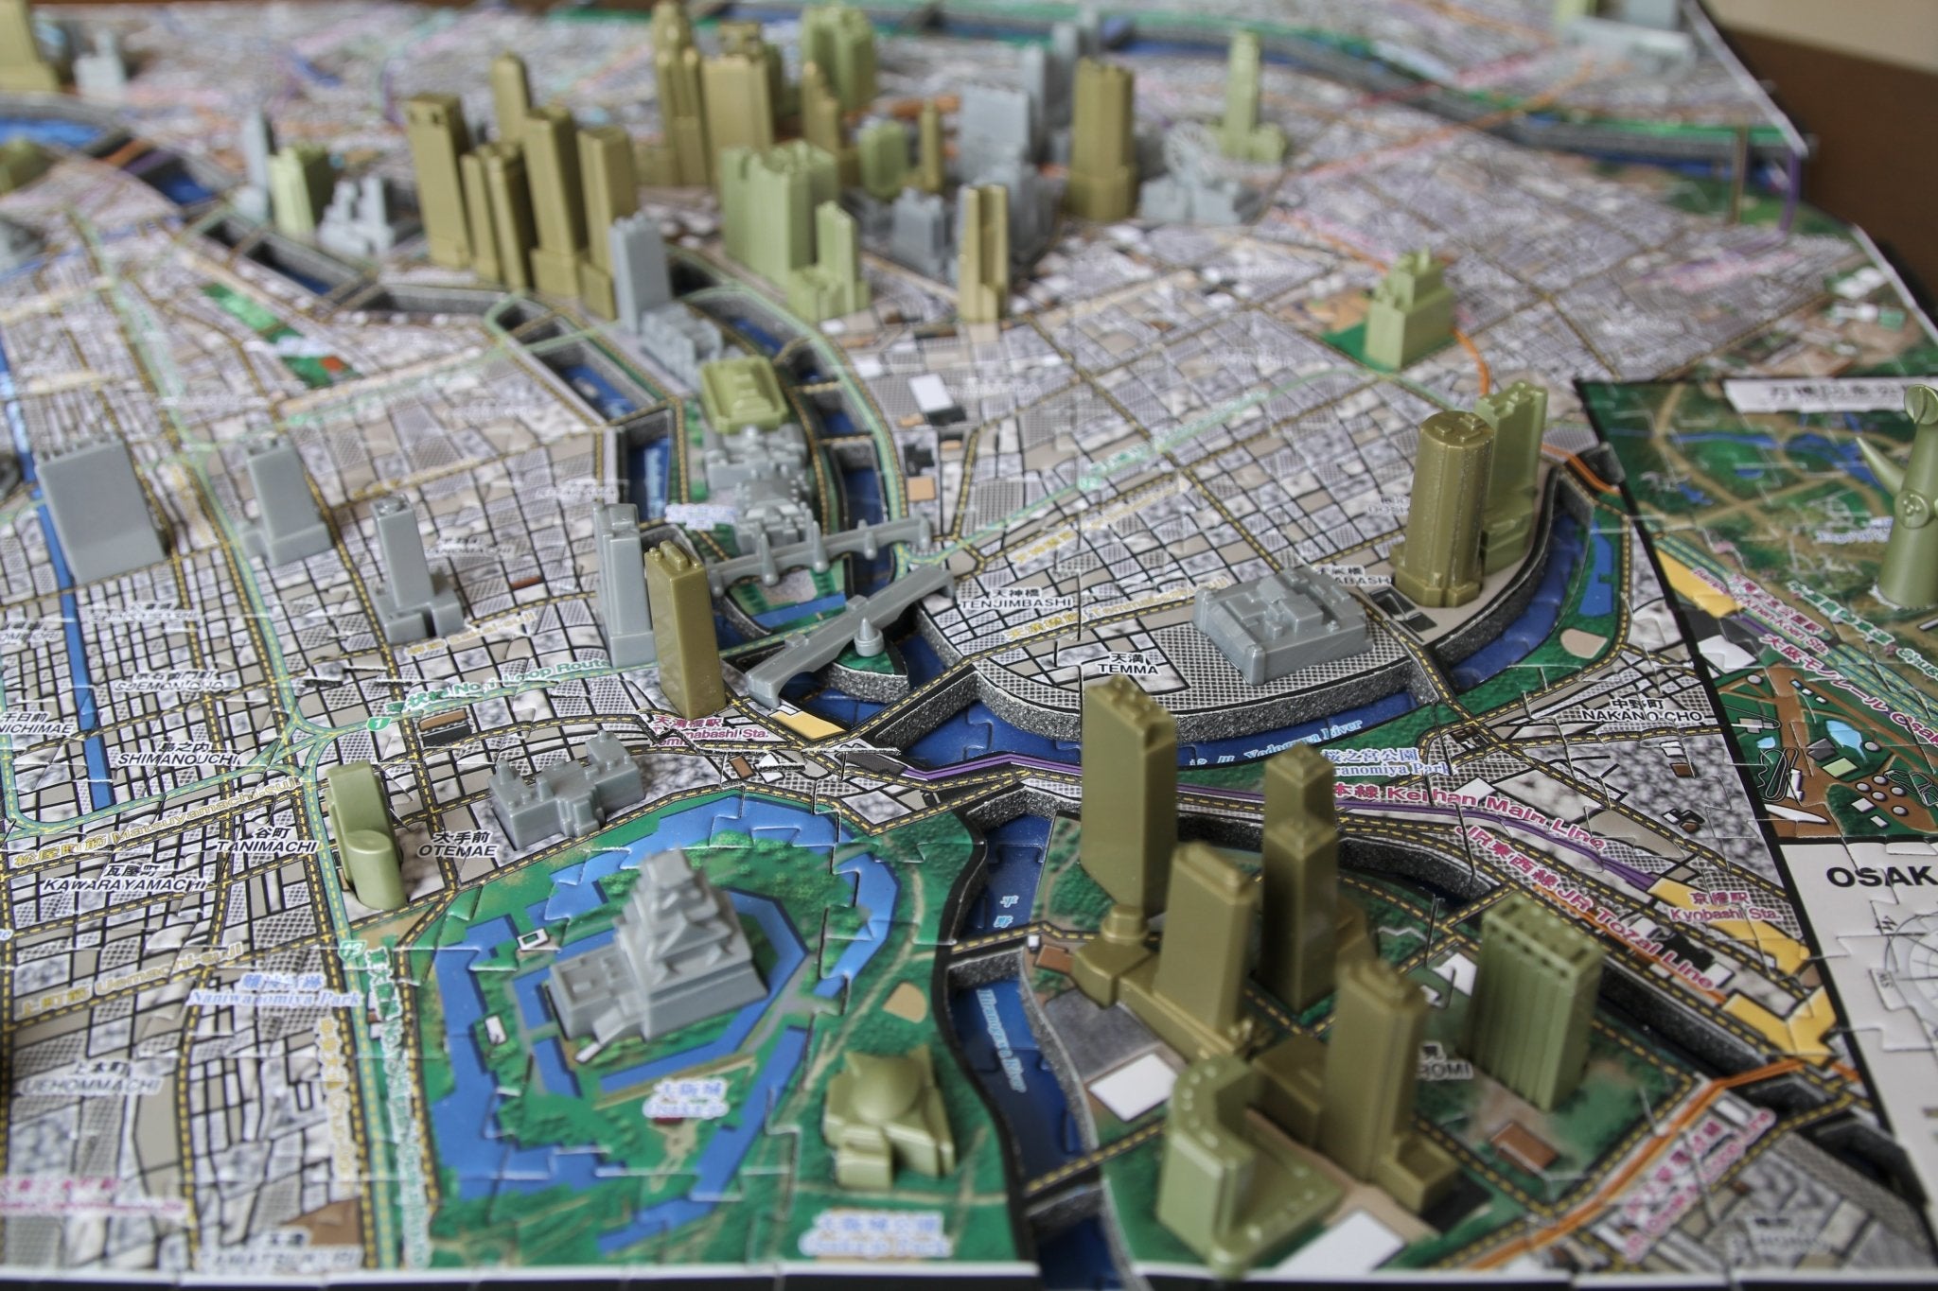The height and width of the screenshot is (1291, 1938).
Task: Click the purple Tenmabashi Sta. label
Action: pyautogui.click(x=704, y=733)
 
